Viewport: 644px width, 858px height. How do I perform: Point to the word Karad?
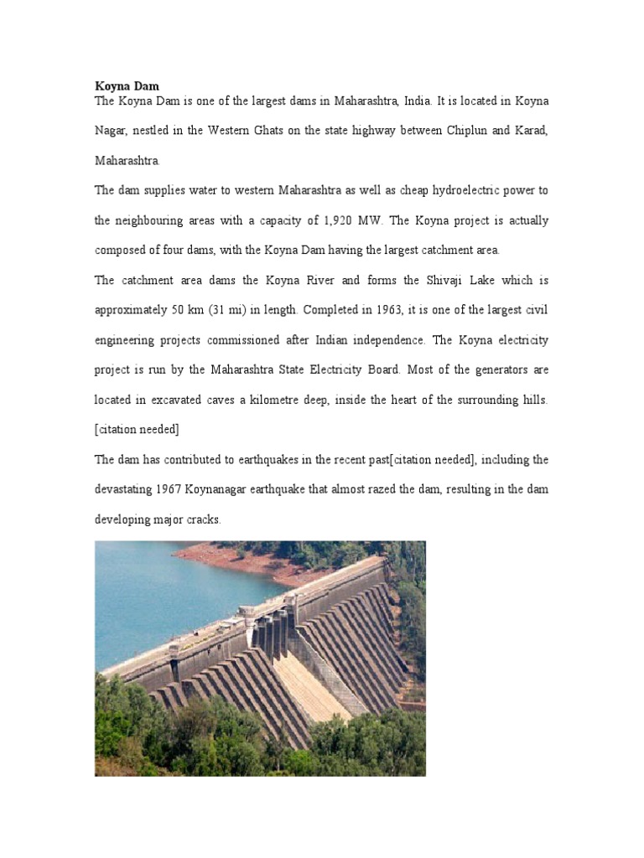click(x=528, y=131)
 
